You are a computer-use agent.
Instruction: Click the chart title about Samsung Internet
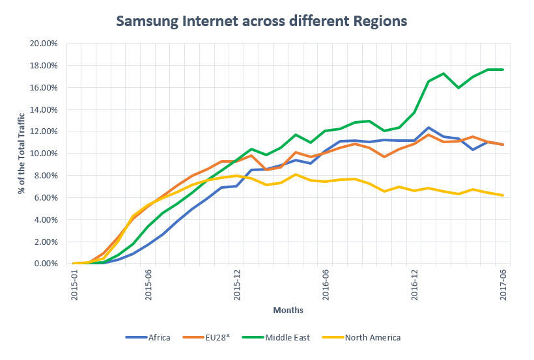click(x=261, y=21)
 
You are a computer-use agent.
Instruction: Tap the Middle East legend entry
click(x=286, y=337)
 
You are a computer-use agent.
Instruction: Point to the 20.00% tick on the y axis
click(x=43, y=44)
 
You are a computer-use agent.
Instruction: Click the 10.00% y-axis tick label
click(x=43, y=154)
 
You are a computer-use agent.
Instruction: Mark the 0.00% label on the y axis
click(x=45, y=264)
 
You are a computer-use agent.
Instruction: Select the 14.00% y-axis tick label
click(x=43, y=109)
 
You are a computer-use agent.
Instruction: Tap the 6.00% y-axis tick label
click(x=45, y=197)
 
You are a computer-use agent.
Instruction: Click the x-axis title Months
click(x=288, y=311)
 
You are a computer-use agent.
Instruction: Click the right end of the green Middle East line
click(x=503, y=70)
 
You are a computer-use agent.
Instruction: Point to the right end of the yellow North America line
click(x=503, y=195)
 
